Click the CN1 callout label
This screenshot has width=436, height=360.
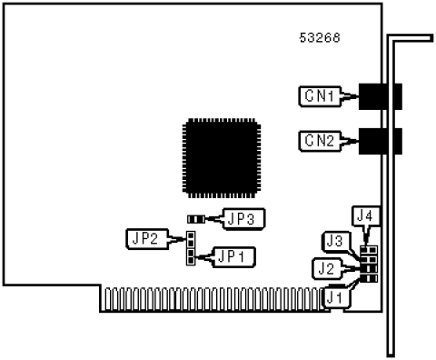click(320, 96)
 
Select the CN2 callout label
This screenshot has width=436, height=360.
click(320, 141)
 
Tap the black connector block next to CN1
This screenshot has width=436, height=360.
click(381, 96)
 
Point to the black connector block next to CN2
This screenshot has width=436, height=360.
click(381, 141)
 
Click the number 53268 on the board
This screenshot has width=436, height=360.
click(320, 38)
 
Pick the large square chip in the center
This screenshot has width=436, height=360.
click(222, 158)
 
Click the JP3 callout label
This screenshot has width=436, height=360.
click(243, 218)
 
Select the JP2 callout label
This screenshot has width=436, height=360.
click(147, 239)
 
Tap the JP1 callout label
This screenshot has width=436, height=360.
click(233, 257)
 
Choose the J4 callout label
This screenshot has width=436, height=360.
click(366, 216)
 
